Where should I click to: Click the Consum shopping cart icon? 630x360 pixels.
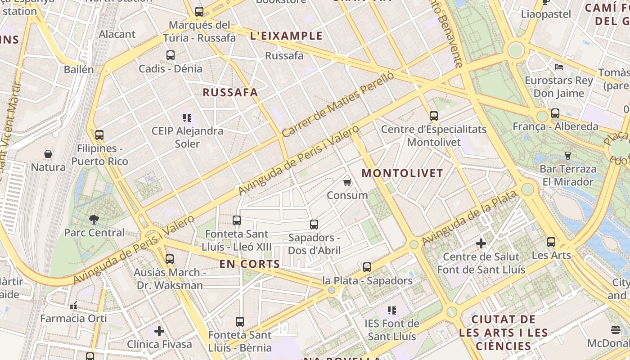coord(347,182)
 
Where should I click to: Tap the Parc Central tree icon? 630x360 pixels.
coord(94,220)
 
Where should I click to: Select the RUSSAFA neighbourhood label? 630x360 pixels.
coord(230,93)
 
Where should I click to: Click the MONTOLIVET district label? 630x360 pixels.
coord(402,173)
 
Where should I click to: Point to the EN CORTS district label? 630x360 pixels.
coord(250,264)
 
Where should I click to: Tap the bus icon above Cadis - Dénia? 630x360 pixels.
coord(171,55)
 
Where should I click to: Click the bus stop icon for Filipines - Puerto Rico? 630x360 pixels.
coord(99,135)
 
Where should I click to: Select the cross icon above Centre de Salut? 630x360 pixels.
coord(481,243)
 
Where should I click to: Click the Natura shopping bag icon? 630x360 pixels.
coord(48,154)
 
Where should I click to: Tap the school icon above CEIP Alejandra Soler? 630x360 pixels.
coord(187,118)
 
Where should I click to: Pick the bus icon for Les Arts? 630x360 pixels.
coord(551,242)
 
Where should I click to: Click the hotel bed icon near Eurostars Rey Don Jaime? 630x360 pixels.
coord(559,67)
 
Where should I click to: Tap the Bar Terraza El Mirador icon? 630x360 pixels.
coord(567,156)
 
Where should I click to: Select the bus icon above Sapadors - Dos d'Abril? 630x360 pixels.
coord(314,224)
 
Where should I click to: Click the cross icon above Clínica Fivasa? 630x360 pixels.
coord(159,331)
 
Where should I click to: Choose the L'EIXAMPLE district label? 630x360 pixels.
coord(286,36)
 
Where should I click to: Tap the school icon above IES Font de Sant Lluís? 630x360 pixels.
coord(392,310)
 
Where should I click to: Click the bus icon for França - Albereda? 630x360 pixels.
coord(555,113)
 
